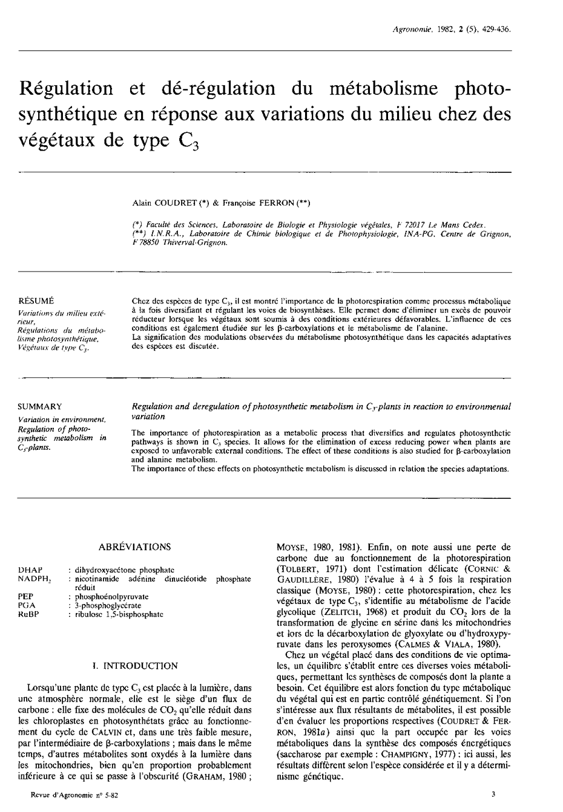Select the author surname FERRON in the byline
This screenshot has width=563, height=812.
click(277, 203)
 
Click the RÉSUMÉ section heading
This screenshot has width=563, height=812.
click(36, 300)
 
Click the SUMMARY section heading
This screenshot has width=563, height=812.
click(40, 406)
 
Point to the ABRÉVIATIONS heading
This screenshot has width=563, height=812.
click(134, 547)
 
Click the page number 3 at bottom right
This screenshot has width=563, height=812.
click(493, 796)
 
